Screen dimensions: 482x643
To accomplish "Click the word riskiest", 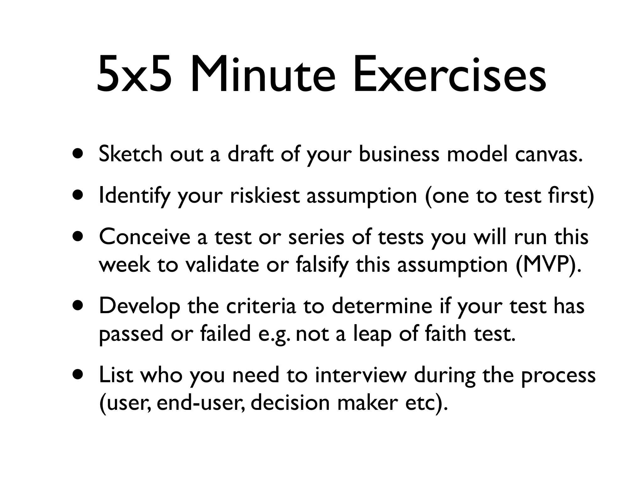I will tap(265, 195).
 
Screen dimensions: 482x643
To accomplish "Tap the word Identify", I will tap(134, 196).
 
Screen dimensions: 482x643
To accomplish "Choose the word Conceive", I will tap(144, 237).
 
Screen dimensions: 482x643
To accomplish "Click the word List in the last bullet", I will tap(116, 375).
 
